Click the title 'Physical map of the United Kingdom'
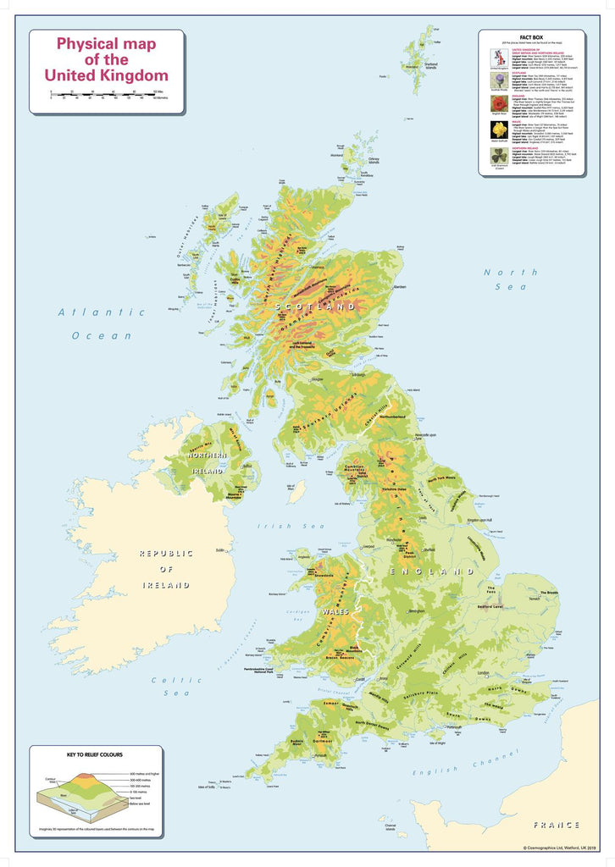pyautogui.click(x=106, y=60)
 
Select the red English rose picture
pyautogui.click(x=498, y=103)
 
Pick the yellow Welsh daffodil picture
pyautogui.click(x=498, y=129)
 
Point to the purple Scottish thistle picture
pyautogui.click(x=498, y=80)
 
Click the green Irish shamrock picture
pyautogui.click(x=498, y=157)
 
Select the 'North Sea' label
pyautogui.click(x=510, y=279)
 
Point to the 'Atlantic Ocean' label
pyautogui.click(x=102, y=323)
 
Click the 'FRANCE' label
pyautogui.click(x=557, y=824)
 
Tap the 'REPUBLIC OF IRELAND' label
pyautogui.click(x=166, y=568)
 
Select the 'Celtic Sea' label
pyautogui.click(x=175, y=686)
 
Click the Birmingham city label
pyautogui.click(x=416, y=610)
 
